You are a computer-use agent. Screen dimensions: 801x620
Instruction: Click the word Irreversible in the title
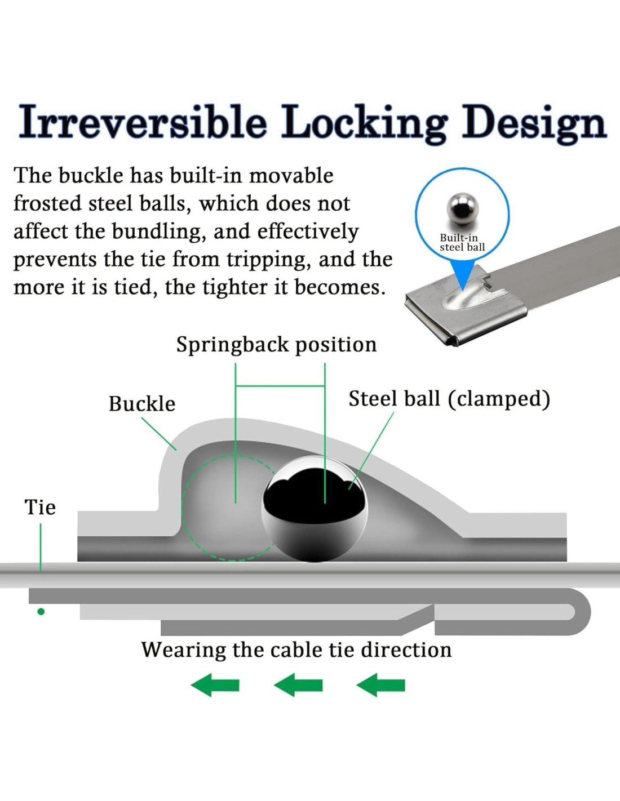(x=143, y=122)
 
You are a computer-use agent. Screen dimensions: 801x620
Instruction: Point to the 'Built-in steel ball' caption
(x=462, y=243)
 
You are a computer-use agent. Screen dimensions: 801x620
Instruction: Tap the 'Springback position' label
(x=276, y=344)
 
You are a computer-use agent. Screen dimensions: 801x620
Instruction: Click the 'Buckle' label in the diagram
(x=142, y=404)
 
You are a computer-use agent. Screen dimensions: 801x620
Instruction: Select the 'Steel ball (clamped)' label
(x=449, y=399)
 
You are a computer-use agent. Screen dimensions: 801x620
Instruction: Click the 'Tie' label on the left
(x=40, y=508)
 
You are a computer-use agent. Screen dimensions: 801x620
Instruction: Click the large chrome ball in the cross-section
(x=315, y=509)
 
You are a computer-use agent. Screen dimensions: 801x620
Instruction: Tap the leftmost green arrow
(x=215, y=685)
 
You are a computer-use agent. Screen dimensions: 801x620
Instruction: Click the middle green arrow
(x=298, y=685)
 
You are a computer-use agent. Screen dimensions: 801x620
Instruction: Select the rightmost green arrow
(x=381, y=685)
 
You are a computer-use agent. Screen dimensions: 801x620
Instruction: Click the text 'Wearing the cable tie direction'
(x=296, y=650)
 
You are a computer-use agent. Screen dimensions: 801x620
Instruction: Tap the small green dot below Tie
(x=41, y=612)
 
